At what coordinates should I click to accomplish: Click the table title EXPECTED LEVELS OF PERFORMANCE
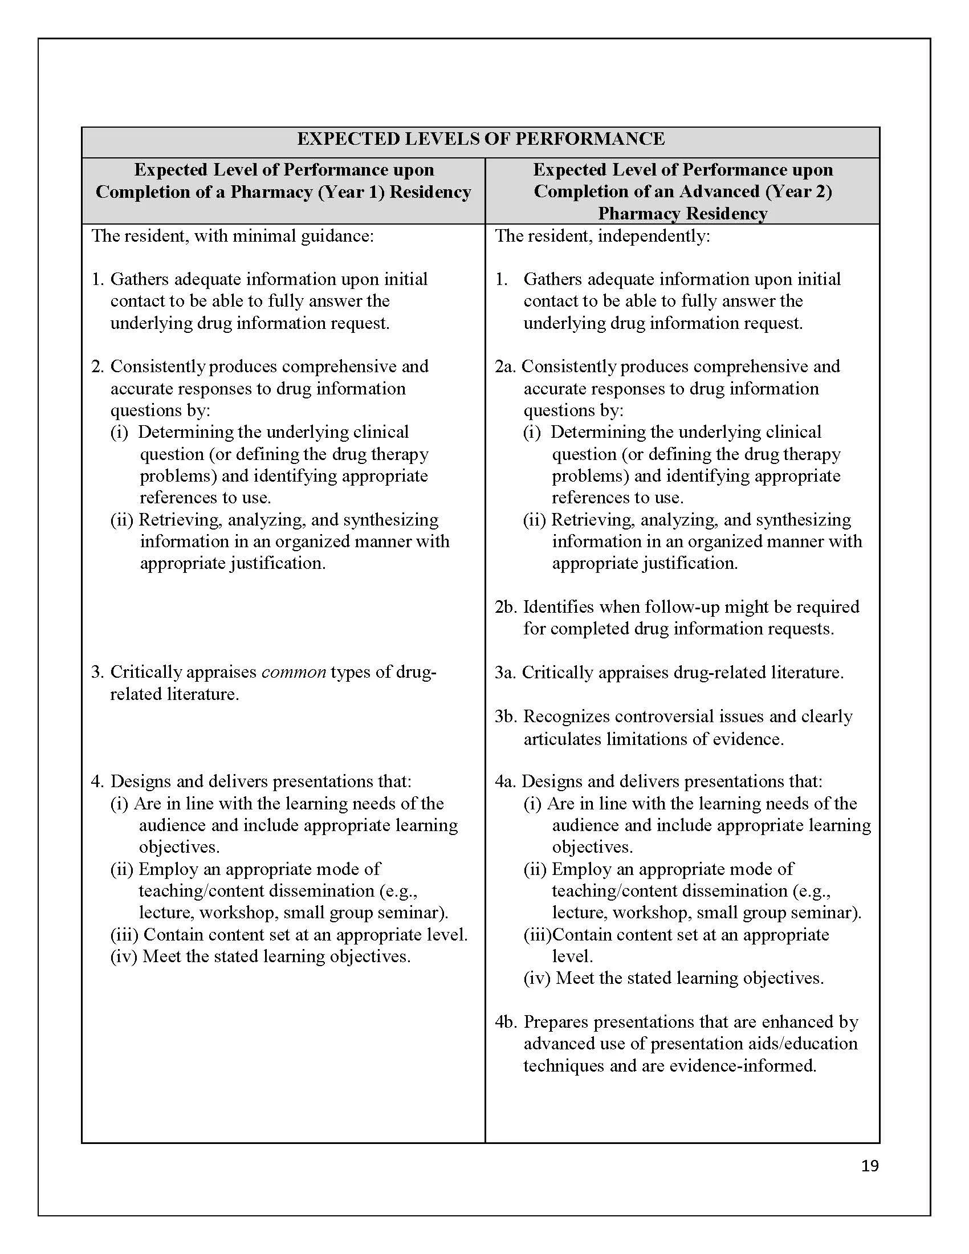481,139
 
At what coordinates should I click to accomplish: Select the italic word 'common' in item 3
294,672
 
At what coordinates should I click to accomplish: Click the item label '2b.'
506,607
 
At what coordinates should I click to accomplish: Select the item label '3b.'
506,716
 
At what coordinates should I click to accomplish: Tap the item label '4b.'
506,1022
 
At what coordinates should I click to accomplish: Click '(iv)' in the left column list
124,956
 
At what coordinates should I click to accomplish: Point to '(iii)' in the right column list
537,935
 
